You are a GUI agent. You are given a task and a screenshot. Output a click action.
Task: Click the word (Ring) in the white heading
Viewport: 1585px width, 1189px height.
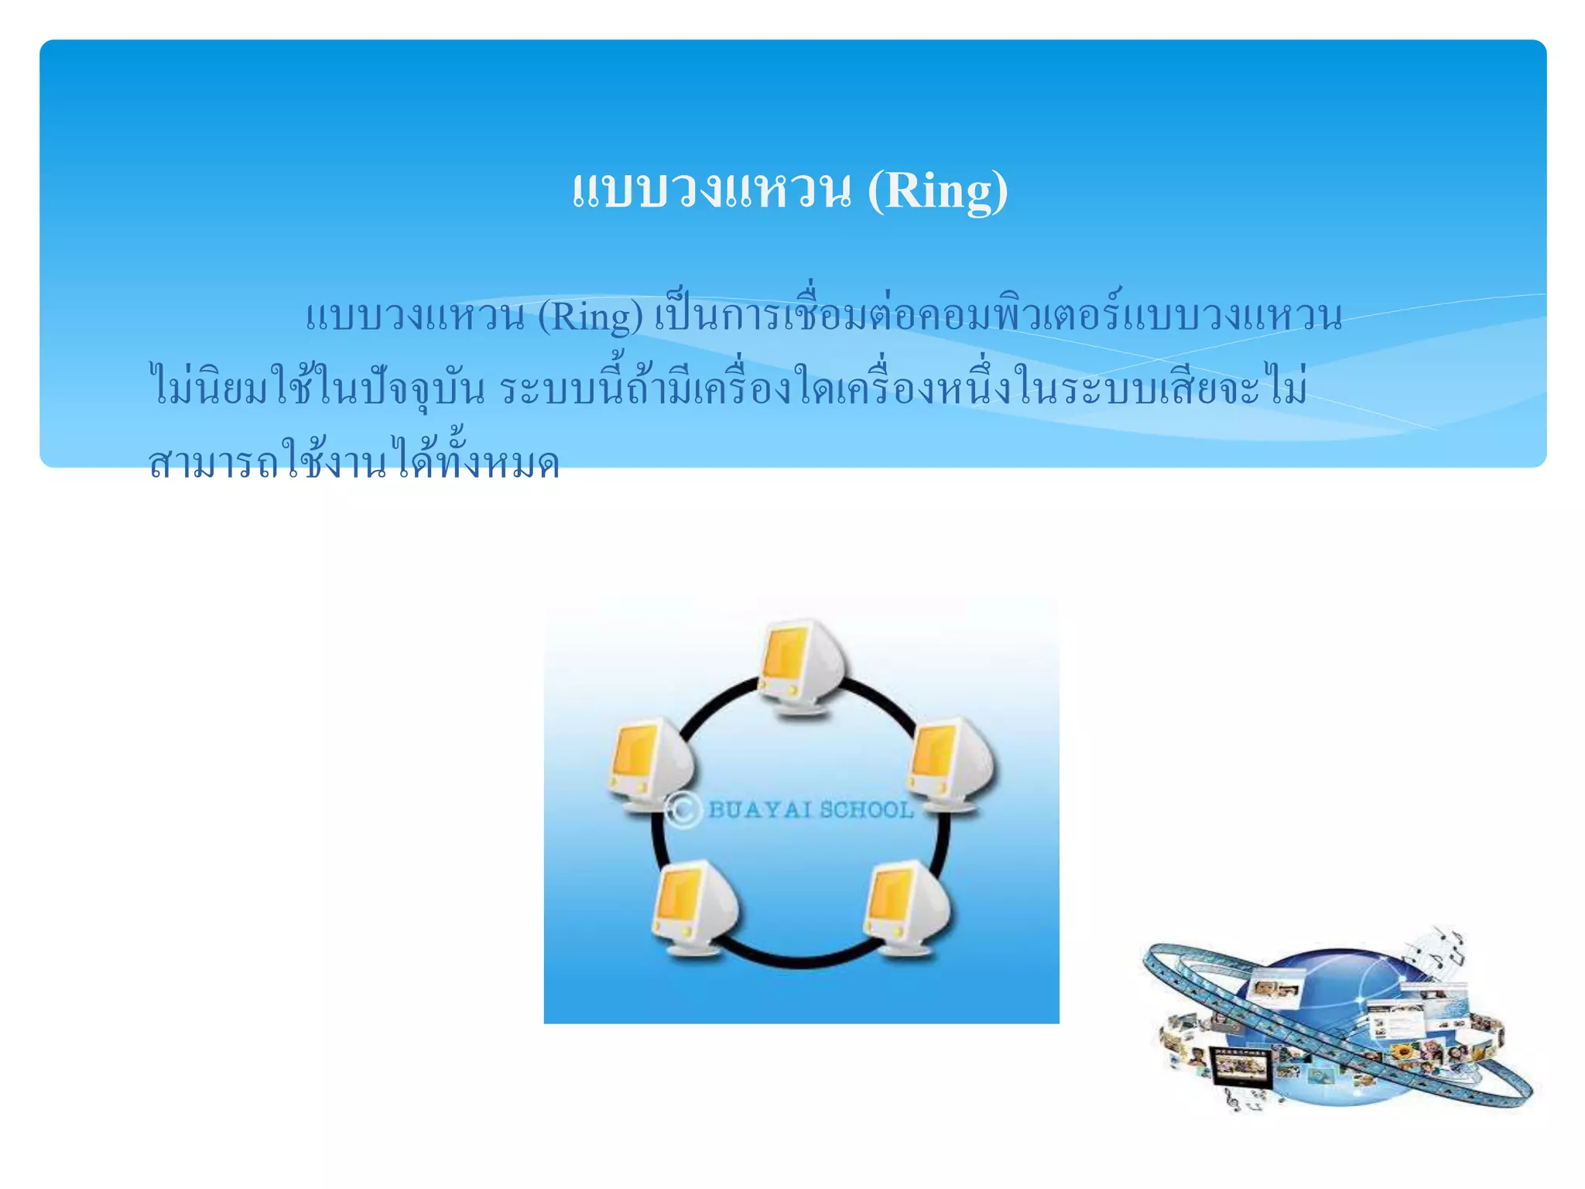[x=937, y=190]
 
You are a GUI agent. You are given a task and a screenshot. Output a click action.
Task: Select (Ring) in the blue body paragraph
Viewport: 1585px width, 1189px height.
[x=590, y=317]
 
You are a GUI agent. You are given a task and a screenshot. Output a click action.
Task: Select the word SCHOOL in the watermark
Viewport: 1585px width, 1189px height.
[x=867, y=810]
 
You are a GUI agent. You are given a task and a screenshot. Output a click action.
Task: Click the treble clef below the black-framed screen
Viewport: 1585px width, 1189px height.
[x=1233, y=1098]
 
